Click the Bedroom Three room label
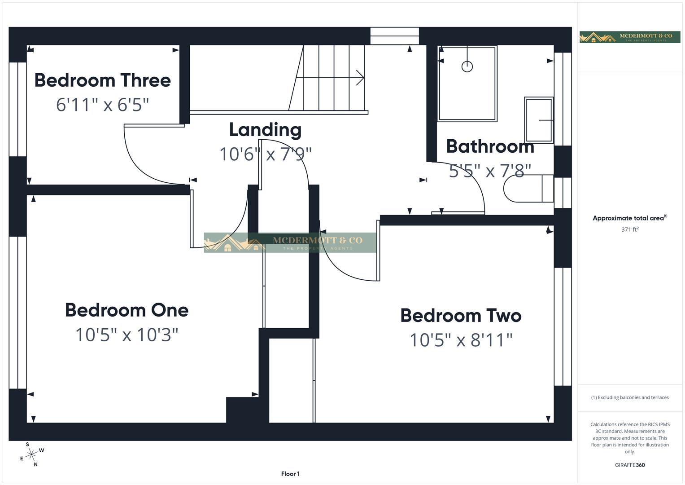click(x=102, y=80)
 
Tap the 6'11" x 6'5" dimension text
click(x=102, y=105)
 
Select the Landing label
click(x=265, y=130)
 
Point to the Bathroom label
click(x=490, y=146)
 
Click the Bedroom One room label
click(x=127, y=310)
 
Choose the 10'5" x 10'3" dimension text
click(x=127, y=335)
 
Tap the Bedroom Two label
click(x=461, y=316)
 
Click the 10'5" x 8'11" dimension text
click(x=461, y=340)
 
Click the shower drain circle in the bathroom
click(x=467, y=66)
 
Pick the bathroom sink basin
click(x=538, y=120)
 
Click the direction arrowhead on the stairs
click(x=360, y=77)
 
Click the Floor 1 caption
click(x=290, y=474)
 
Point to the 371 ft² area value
click(x=630, y=229)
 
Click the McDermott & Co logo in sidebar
click(x=630, y=37)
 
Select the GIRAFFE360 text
click(x=630, y=465)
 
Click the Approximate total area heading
click(x=629, y=218)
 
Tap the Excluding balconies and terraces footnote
click(x=630, y=397)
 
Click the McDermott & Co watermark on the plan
click(x=290, y=242)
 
